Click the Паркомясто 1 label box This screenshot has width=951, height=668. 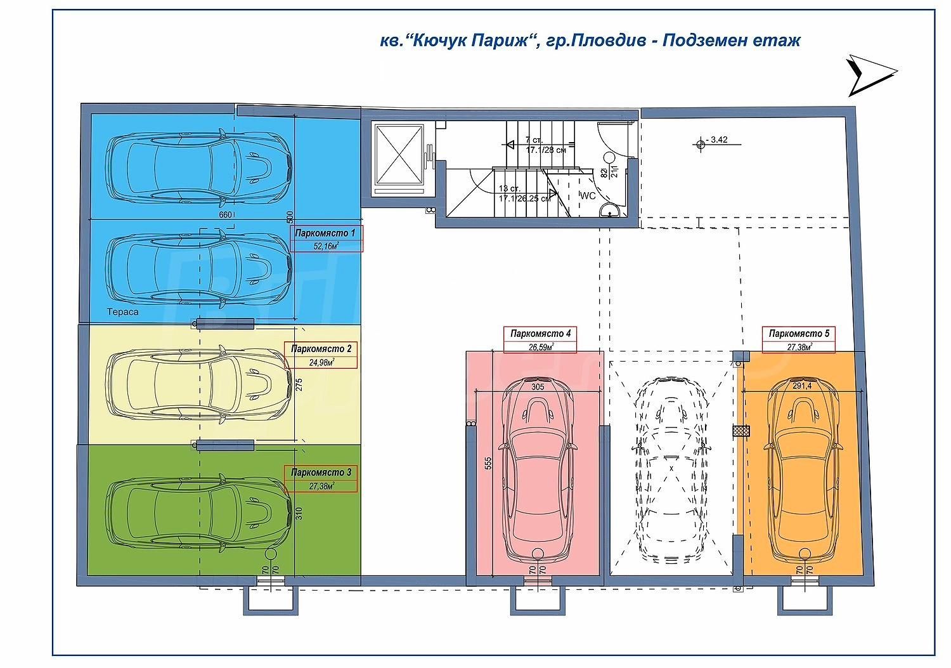tap(327, 239)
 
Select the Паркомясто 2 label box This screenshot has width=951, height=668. tap(321, 355)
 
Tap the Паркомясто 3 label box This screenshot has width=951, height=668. tap(321, 479)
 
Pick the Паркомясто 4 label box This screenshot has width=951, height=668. tap(540, 339)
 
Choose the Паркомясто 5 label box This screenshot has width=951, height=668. tap(799, 339)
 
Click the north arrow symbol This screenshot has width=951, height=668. tap(871, 75)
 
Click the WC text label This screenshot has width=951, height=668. tap(588, 196)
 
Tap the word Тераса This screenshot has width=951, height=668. tap(122, 312)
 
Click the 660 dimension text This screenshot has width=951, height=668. tap(225, 215)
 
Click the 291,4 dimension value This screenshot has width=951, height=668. tap(802, 385)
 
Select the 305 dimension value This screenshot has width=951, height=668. tap(537, 386)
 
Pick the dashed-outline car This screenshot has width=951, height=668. tap(671, 469)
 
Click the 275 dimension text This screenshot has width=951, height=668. tap(299, 384)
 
